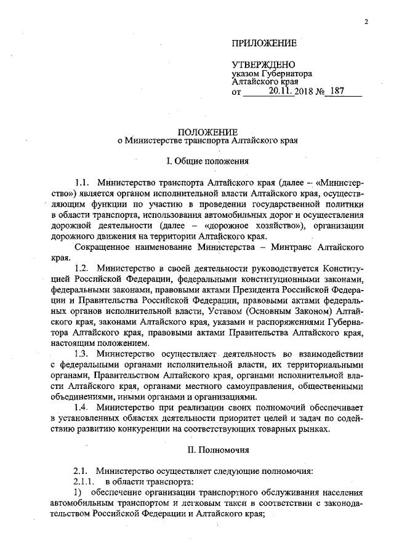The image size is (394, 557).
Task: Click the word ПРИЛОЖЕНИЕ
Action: (x=263, y=42)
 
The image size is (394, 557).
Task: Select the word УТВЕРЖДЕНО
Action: (x=263, y=65)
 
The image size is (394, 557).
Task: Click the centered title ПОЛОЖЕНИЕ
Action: (x=207, y=131)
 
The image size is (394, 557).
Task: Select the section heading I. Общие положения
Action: (x=207, y=161)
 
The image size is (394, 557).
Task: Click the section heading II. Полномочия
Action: (x=207, y=450)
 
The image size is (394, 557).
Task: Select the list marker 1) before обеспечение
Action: (x=78, y=492)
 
